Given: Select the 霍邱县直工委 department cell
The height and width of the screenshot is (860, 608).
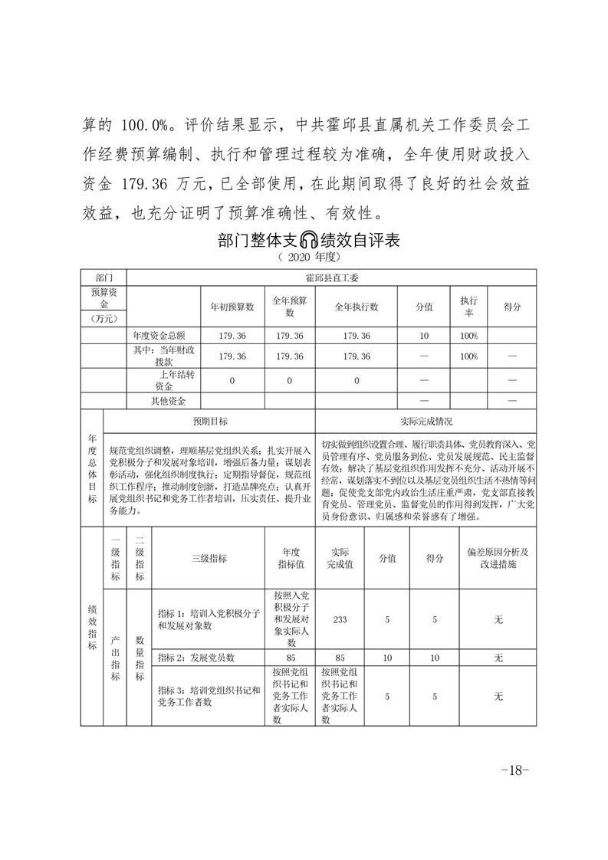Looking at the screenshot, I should pyautogui.click(x=330, y=277).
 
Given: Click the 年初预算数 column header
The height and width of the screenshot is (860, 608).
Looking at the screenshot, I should pyautogui.click(x=232, y=307).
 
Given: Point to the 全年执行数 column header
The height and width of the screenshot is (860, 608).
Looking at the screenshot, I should pyautogui.click(x=357, y=307).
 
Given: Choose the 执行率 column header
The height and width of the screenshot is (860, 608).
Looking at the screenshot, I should pyautogui.click(x=469, y=307).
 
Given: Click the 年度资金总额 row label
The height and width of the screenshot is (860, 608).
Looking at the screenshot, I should pyautogui.click(x=165, y=336).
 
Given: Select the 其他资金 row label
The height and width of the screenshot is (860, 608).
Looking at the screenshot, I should pyautogui.click(x=168, y=401).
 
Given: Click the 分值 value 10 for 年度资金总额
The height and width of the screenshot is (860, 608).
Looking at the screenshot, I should pyautogui.click(x=424, y=336).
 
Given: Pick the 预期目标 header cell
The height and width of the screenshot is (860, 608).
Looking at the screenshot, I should pyautogui.click(x=209, y=422).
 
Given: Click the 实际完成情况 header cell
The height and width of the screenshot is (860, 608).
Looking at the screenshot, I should pyautogui.click(x=426, y=422).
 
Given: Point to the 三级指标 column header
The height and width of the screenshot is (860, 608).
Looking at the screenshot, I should pyautogui.click(x=209, y=559).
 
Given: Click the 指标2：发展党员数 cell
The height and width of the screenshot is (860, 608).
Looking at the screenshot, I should pyautogui.click(x=196, y=658).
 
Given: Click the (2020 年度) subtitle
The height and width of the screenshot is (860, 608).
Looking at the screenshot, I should pyautogui.click(x=307, y=257).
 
